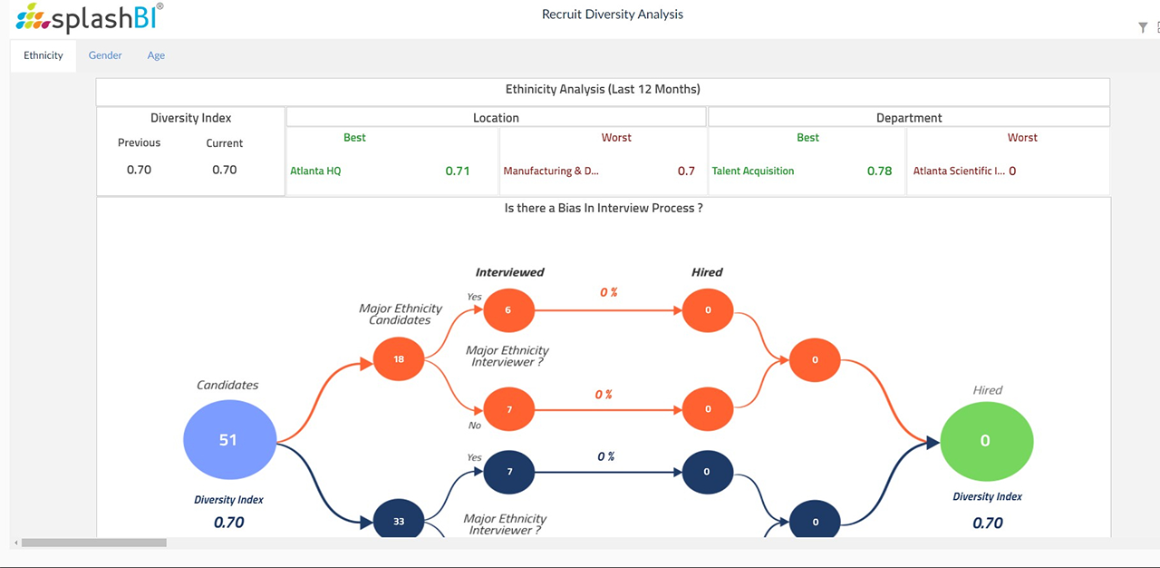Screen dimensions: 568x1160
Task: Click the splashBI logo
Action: pos(90,17)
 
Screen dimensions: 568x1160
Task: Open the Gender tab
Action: pos(105,55)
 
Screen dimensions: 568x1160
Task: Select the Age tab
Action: pos(156,55)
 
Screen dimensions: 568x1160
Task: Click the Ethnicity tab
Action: pos(43,55)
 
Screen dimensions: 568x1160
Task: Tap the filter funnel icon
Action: pos(1143,28)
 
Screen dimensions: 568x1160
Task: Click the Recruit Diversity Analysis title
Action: pos(612,15)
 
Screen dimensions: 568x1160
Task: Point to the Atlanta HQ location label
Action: pos(315,171)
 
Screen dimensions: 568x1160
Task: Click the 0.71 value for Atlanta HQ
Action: pos(457,171)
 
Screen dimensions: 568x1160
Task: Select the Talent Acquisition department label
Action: pos(752,171)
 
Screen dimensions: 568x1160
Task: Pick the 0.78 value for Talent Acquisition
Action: pos(878,171)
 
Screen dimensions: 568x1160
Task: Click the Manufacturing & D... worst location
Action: pos(551,171)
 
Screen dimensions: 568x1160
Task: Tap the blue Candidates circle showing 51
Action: pos(228,440)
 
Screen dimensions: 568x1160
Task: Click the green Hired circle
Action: pos(986,441)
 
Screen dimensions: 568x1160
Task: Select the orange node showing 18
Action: pos(399,359)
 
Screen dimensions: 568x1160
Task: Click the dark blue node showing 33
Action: pos(399,522)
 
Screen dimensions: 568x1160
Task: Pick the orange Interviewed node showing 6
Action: pos(508,310)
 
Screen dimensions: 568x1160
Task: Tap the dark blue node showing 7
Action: pos(508,473)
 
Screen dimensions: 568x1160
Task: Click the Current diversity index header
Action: pos(224,143)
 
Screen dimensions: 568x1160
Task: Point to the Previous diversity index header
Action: pos(139,143)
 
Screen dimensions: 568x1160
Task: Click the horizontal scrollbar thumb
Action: pos(93,543)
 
